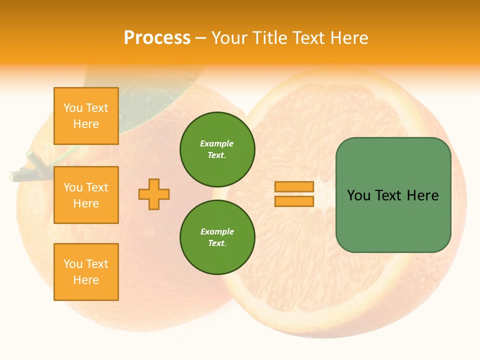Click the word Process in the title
157,38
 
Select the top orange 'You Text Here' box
86,116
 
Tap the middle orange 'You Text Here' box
86,195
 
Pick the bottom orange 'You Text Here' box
86,272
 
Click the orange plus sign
154,194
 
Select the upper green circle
217,149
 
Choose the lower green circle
217,237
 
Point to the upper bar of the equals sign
294,187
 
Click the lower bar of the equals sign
294,201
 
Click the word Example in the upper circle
217,143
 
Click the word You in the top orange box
73,108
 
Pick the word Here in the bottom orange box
86,280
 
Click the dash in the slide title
201,38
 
